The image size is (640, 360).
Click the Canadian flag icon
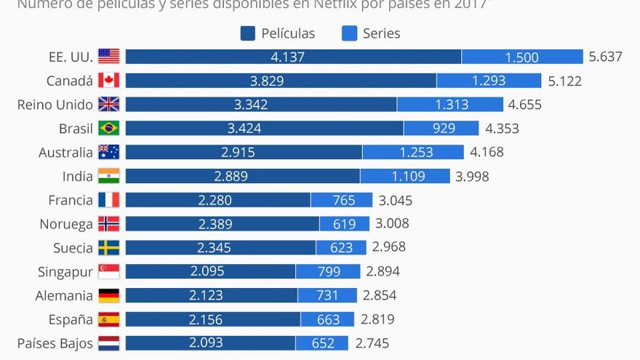[x=108, y=80]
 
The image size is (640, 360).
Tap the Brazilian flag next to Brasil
[x=108, y=128]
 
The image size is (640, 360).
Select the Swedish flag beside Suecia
[x=108, y=247]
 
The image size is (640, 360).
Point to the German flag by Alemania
[x=108, y=295]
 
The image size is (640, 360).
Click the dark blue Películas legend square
[x=247, y=33]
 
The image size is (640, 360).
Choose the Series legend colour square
[x=349, y=33]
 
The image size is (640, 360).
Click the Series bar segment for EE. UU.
[x=522, y=57]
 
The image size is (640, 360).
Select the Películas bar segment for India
[x=242, y=176]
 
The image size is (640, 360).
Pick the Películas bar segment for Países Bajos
[x=210, y=343]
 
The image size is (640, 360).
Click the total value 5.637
[x=606, y=57]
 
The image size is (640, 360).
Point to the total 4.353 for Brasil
[x=502, y=129]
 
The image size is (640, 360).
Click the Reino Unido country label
[x=55, y=105]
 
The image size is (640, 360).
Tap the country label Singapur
[x=65, y=272]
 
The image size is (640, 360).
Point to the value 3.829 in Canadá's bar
[x=267, y=81]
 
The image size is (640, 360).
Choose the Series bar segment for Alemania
[x=327, y=295]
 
